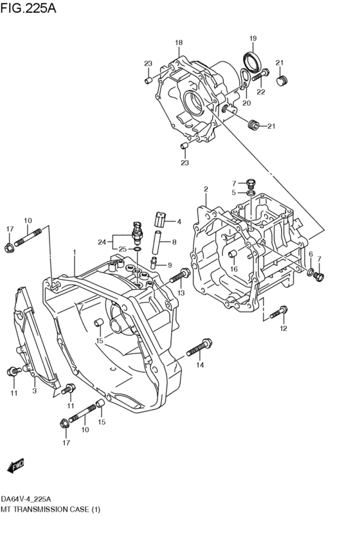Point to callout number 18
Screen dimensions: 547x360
(x=179, y=43)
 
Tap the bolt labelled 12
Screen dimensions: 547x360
(x=277, y=314)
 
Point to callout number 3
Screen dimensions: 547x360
(x=35, y=390)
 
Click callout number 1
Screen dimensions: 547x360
(x=75, y=252)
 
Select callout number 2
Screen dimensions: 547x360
(x=206, y=189)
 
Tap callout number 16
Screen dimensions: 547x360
(x=235, y=269)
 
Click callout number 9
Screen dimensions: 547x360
(x=169, y=265)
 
